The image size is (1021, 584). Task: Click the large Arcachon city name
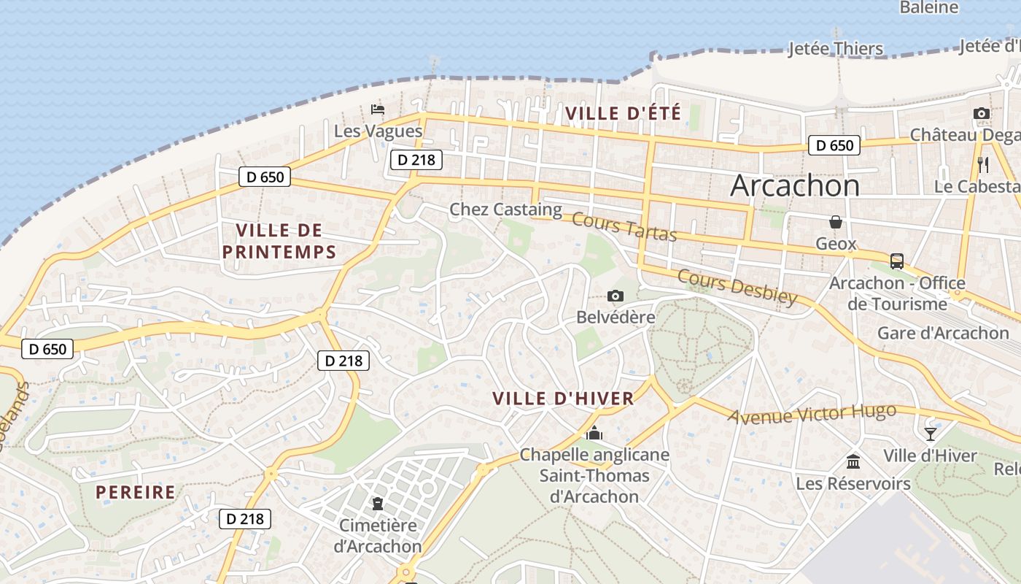coord(795,185)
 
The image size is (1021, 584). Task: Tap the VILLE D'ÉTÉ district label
coord(623,113)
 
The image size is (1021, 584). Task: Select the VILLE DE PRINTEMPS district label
coord(279,242)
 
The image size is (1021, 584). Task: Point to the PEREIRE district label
coord(136,492)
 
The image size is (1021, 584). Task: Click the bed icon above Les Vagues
coord(378,109)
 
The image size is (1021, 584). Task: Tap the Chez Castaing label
coord(505,210)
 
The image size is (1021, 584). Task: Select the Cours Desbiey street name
coord(737,286)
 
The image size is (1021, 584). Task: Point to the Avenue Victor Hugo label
coord(812,414)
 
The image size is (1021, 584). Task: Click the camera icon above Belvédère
coord(616,296)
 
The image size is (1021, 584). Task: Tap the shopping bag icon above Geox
coord(836,221)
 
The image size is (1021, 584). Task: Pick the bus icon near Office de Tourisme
coord(897,261)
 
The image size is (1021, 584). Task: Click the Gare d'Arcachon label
coord(943,333)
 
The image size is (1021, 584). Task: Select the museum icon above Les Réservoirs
coord(853,461)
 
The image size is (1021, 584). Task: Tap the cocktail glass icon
coord(930,434)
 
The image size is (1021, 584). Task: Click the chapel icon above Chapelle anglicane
coord(594,433)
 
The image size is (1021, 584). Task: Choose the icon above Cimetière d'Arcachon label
coord(378,503)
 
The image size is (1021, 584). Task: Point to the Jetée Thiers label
coord(836,49)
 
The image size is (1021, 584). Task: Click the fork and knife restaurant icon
coord(983,164)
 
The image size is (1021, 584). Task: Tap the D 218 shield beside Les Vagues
coord(416,159)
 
